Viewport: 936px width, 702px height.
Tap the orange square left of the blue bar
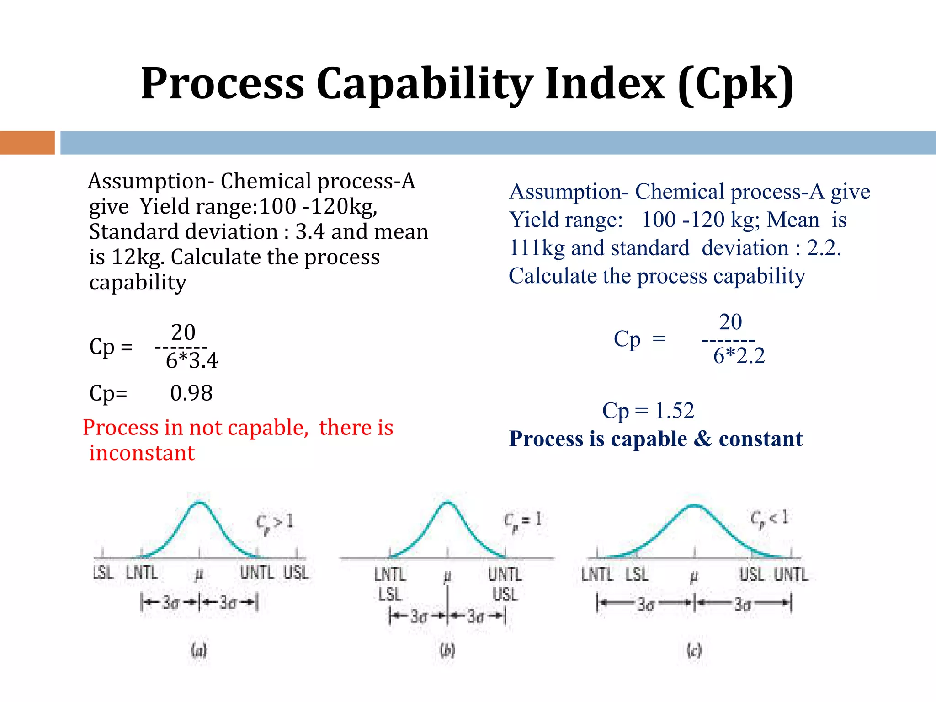pos(27,143)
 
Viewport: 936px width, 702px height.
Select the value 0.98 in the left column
pos(191,393)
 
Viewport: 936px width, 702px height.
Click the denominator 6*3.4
pos(192,361)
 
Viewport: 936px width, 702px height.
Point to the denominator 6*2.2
pos(739,356)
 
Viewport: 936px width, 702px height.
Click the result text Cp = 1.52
pos(648,410)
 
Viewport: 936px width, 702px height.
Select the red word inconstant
pos(142,453)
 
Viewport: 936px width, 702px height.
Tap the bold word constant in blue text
pos(760,439)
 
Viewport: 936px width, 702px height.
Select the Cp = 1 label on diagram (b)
pos(522,520)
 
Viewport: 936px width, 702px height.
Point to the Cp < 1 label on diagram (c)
pos(769,519)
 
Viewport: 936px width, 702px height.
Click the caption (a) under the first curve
pos(199,650)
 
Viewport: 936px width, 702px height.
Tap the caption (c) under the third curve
pos(694,650)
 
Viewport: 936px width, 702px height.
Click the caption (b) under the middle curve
pos(447,650)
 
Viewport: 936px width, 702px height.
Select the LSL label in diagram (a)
pos(103,573)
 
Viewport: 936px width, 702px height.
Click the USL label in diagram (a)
pos(296,573)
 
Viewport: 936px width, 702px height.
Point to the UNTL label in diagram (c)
pos(791,574)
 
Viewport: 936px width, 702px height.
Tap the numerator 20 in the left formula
pos(183,332)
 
